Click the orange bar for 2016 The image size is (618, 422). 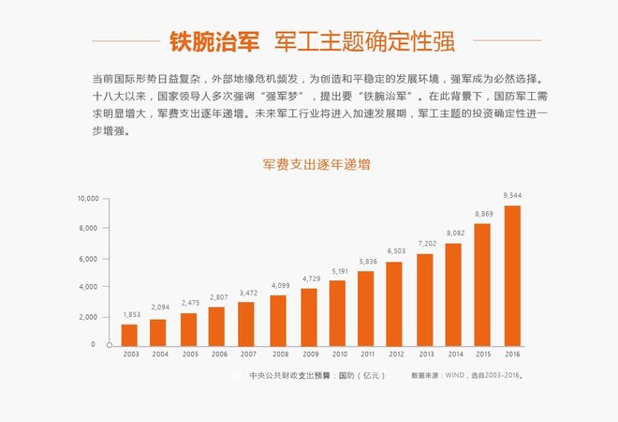(512, 276)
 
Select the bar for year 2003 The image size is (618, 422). (129, 336)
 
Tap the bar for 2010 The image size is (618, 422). (337, 313)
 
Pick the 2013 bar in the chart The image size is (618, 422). (425, 300)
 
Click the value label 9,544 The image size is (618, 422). (512, 195)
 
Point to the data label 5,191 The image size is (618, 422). (340, 271)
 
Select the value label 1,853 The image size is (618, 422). (132, 315)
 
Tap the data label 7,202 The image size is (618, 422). (427, 244)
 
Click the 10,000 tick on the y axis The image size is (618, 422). (88, 199)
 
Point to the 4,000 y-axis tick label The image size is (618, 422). (88, 287)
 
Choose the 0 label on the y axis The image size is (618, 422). (93, 344)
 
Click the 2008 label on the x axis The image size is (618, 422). (280, 354)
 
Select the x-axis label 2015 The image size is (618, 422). (483, 354)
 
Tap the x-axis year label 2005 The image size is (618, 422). (190, 354)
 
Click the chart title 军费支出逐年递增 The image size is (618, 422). (316, 164)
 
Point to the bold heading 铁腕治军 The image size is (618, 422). (214, 41)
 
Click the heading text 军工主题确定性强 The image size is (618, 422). (364, 41)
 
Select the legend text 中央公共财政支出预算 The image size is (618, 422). (289, 375)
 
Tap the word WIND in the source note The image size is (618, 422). (455, 375)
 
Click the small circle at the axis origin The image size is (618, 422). (110, 345)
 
